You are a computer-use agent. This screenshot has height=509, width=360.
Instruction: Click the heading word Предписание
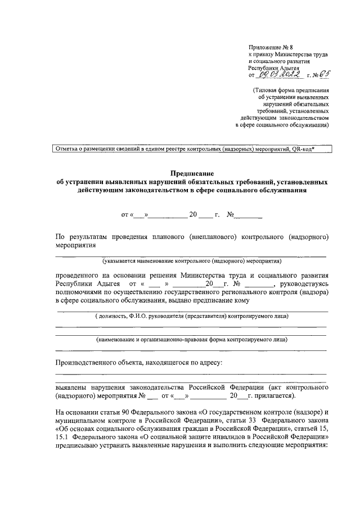pyautogui.click(x=191, y=174)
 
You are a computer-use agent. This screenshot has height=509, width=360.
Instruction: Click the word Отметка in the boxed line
pyautogui.click(x=67, y=149)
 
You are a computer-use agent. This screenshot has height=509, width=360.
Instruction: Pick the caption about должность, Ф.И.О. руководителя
pyautogui.click(x=192, y=316)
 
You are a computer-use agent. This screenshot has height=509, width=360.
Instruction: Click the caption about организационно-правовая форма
pyautogui.click(x=192, y=339)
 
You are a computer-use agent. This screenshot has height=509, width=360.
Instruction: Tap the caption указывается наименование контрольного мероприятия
pyautogui.click(x=191, y=261)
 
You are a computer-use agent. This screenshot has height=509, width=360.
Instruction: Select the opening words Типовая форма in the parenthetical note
pyautogui.click(x=274, y=89)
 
